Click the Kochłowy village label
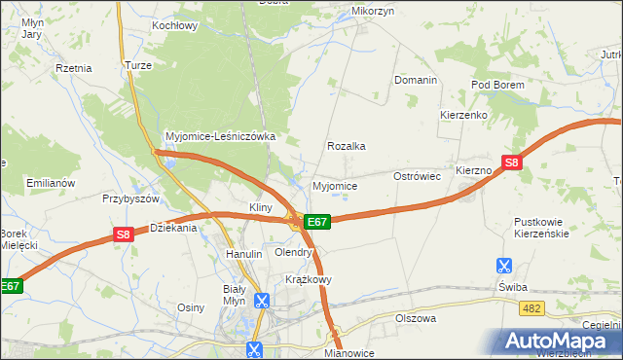(175, 25)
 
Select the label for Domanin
(415, 80)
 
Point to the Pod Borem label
(497, 86)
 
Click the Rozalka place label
(346, 146)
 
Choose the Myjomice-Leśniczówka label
(221, 137)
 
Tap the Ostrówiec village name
(418, 176)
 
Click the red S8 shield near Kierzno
(512, 163)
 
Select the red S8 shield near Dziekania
(123, 234)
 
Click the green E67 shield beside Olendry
(317, 222)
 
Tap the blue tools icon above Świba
(503, 265)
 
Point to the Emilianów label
(51, 183)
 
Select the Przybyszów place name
(130, 198)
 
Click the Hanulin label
(244, 254)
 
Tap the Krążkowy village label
(309, 279)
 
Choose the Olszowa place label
(416, 318)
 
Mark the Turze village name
(135, 65)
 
